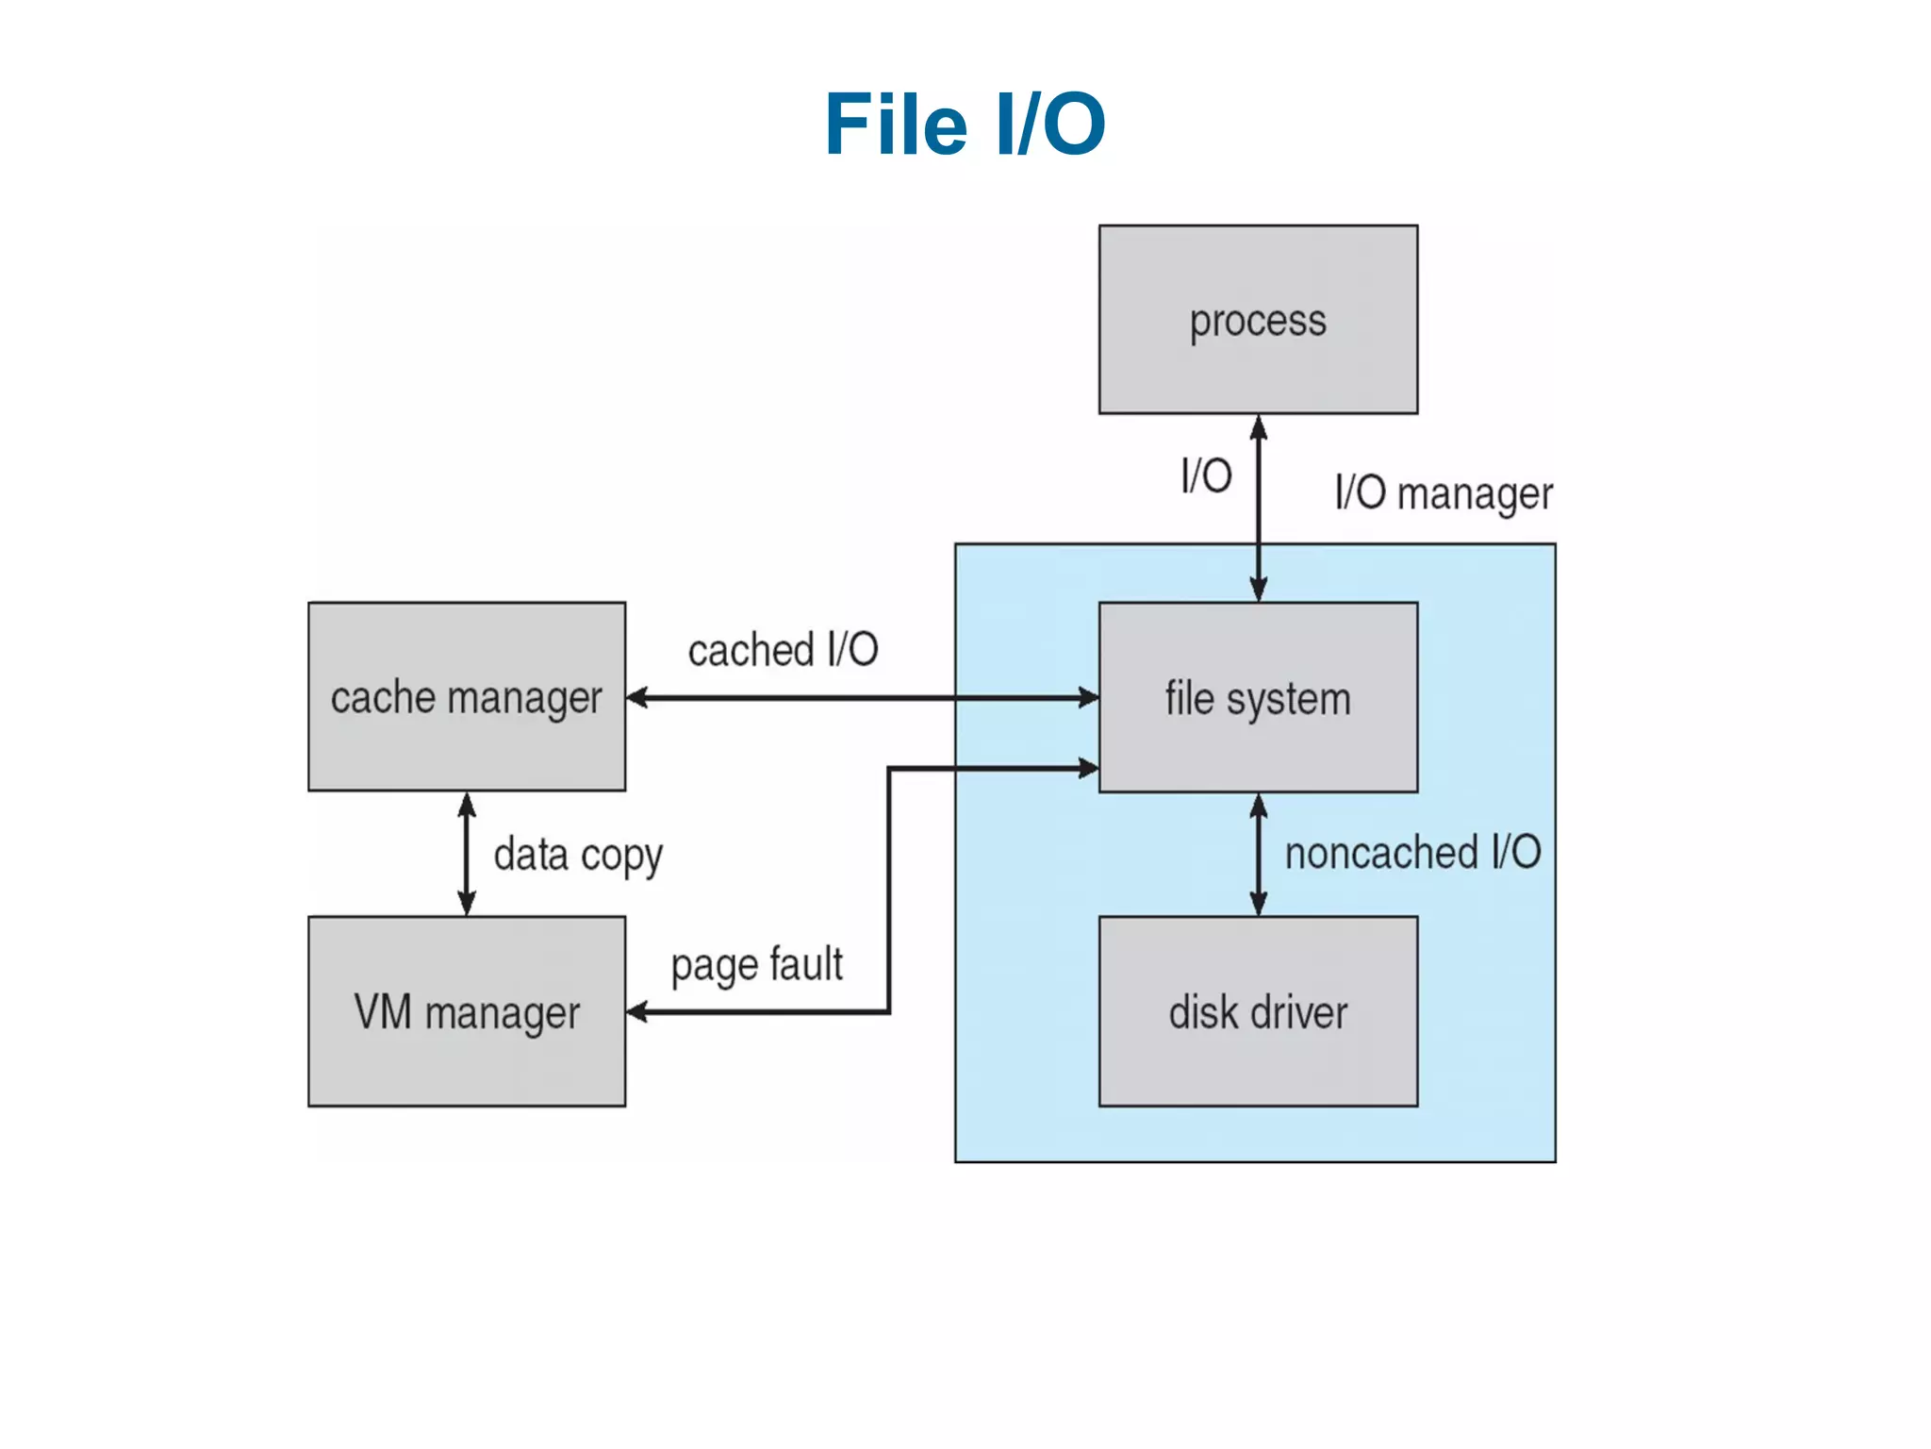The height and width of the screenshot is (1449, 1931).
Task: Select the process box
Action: tap(1258, 320)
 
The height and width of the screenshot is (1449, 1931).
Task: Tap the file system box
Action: tap(1258, 697)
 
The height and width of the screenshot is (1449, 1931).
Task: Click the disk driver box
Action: tap(1258, 1011)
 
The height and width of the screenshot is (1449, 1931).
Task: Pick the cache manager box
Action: tap(466, 697)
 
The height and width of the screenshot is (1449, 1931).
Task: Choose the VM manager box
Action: tap(466, 1011)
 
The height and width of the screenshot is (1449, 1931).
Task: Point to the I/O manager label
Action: tap(1444, 493)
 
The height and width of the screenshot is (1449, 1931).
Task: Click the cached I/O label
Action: tap(783, 650)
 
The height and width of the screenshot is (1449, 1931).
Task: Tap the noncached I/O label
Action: tap(1412, 853)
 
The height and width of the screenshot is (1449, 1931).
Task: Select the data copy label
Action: tap(578, 855)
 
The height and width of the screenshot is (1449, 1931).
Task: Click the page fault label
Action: tap(756, 965)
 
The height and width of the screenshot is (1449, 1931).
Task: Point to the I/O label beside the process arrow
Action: tap(1206, 475)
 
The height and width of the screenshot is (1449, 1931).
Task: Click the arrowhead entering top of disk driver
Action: tap(1258, 903)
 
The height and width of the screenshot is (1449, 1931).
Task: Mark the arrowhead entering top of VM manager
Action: tap(466, 903)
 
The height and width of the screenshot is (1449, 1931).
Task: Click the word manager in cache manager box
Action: tap(524, 699)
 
